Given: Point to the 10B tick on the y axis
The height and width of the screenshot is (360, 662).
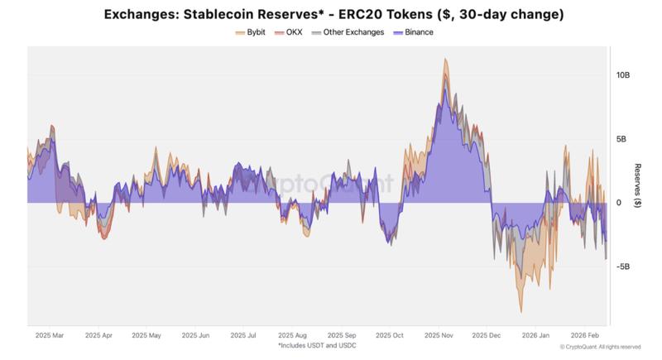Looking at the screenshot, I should point(623,74).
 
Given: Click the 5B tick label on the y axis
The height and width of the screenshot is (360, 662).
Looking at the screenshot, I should point(623,139).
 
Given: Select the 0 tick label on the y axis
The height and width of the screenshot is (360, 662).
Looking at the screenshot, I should point(618,203).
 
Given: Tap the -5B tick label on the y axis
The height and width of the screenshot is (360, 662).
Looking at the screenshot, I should point(623,266).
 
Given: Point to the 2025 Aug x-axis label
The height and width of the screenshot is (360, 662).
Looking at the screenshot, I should point(295,335).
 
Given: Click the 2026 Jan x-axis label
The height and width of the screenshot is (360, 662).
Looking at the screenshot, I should point(537,335).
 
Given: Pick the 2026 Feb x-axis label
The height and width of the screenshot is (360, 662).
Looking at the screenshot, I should point(585,335).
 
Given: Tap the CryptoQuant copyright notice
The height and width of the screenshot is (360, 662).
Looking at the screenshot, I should point(601,347).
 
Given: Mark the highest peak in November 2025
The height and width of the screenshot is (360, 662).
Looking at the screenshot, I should point(446,59).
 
